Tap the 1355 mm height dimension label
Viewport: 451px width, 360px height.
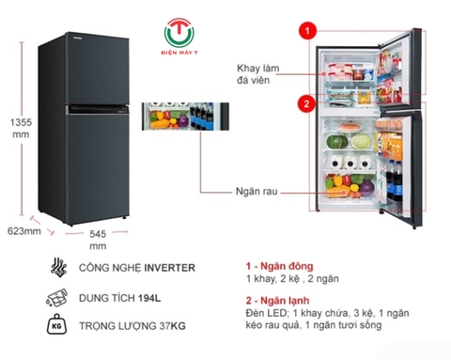pyautogui.click(x=19, y=127)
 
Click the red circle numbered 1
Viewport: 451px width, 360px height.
pyautogui.click(x=305, y=31)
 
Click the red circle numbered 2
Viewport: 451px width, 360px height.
pyautogui.click(x=305, y=102)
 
